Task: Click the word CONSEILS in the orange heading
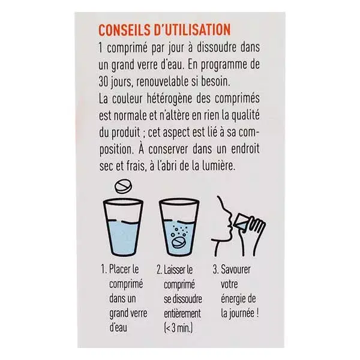(x=124, y=30)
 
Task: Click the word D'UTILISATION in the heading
(x=192, y=30)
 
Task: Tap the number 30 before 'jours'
(x=103, y=82)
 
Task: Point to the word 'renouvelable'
(x=163, y=82)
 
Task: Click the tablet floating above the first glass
(x=123, y=186)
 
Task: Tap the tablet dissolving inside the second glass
(x=179, y=242)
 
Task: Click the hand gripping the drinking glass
(x=252, y=236)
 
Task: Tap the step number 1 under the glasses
(x=103, y=269)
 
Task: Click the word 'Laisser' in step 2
(x=175, y=270)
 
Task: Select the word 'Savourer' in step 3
(x=236, y=269)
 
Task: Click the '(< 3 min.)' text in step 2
(x=178, y=328)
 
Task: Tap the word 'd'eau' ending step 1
(x=118, y=327)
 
